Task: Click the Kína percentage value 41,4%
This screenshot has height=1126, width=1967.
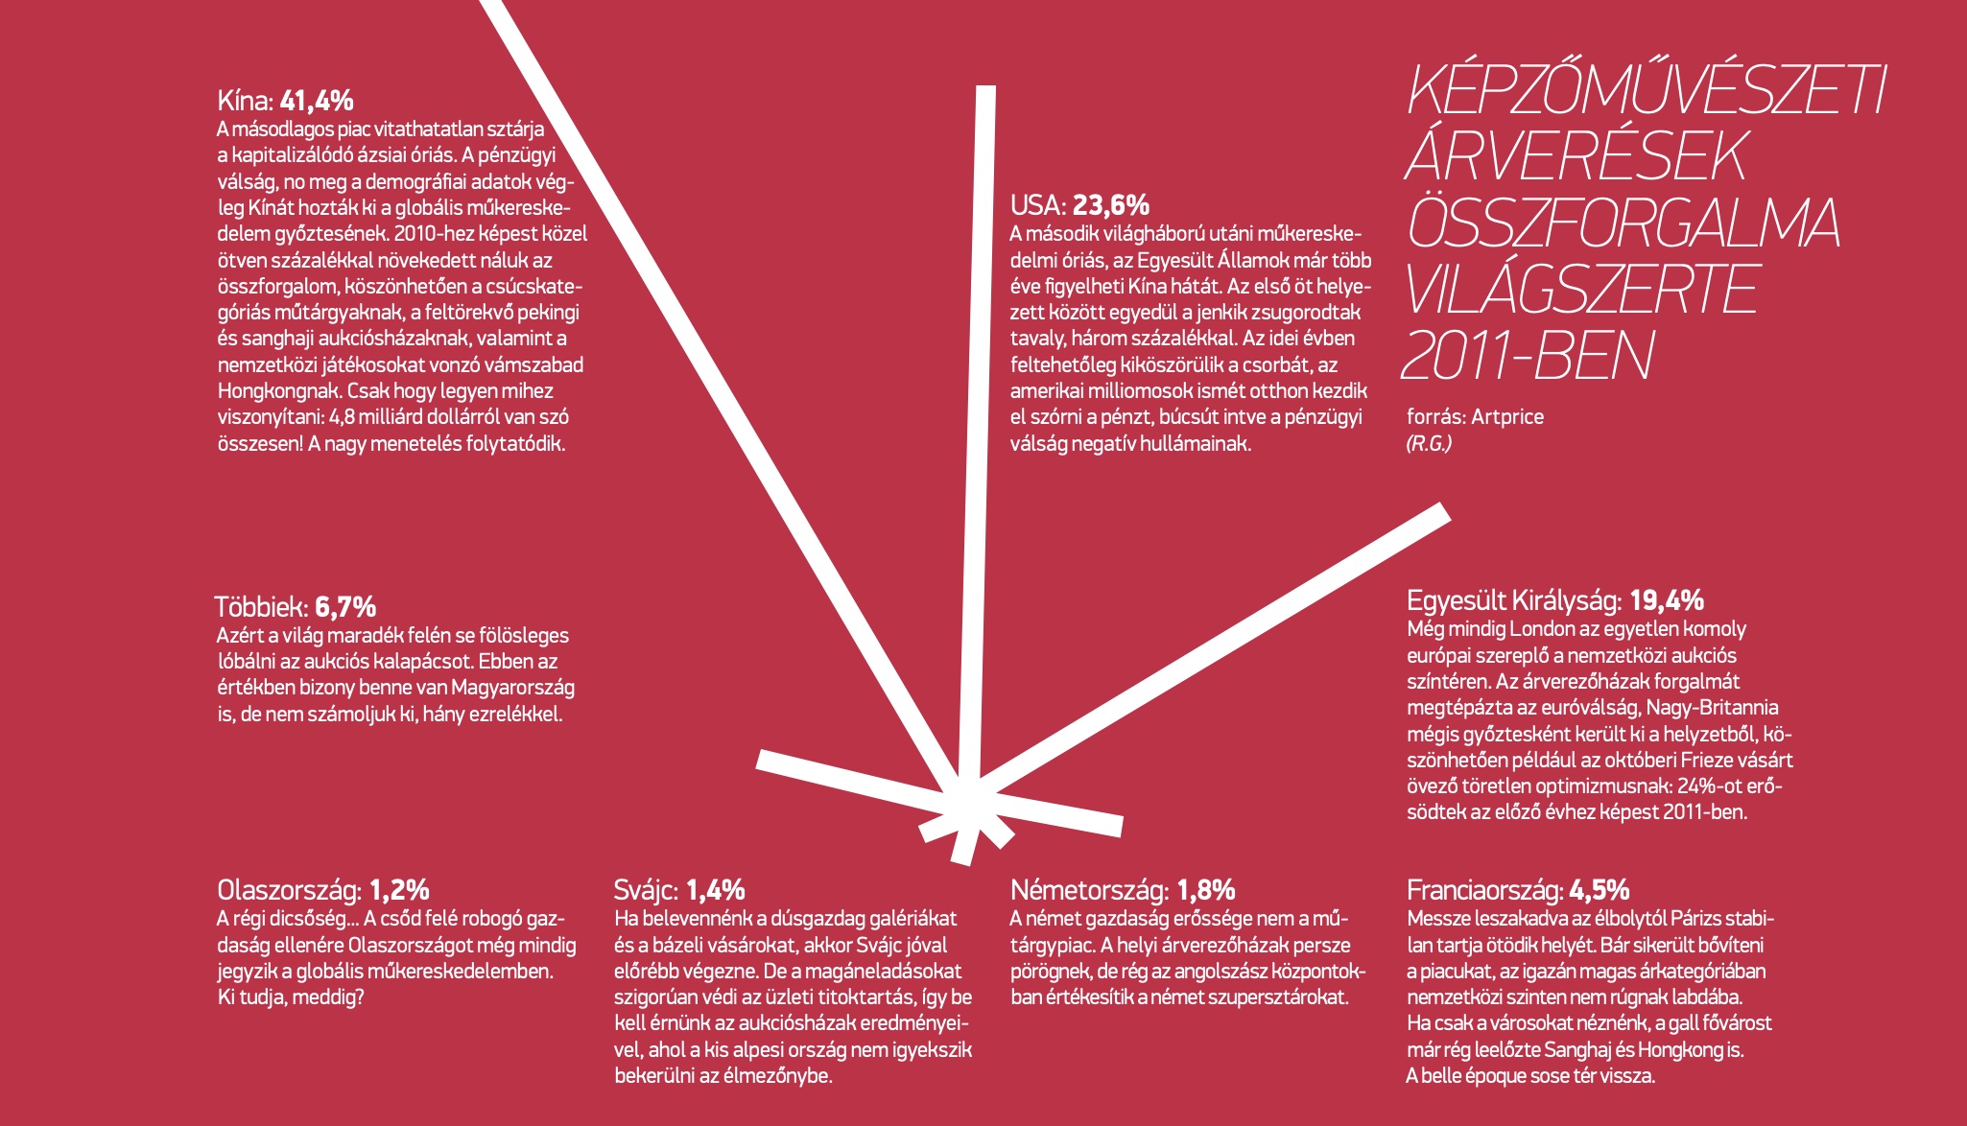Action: (317, 101)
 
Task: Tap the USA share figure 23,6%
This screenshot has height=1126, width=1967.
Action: (1110, 205)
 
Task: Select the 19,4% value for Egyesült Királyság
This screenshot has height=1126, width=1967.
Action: (1666, 601)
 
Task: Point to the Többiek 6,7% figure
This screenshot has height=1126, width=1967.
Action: (345, 607)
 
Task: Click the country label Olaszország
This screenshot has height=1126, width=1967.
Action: (289, 890)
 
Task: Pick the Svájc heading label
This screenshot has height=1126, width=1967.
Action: (646, 890)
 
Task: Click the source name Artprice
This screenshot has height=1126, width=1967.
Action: (1507, 417)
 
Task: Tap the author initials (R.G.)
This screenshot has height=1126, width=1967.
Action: (1429, 443)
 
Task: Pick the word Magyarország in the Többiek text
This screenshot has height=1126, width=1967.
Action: (512, 688)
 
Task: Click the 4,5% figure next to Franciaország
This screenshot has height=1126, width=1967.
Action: (1599, 890)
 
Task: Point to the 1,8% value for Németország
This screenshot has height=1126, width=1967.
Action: (1205, 890)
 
